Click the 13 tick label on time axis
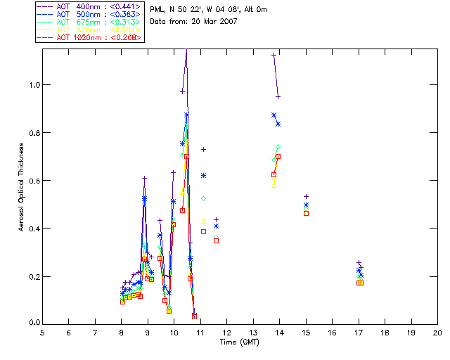253,333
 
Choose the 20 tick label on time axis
437,333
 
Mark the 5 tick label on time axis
42,333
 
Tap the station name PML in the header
158,10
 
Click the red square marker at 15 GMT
306,213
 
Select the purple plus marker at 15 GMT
306,197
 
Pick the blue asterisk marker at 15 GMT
306,205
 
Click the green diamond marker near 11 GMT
203,199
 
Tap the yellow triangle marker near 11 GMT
203,221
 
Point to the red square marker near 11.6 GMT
216,240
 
